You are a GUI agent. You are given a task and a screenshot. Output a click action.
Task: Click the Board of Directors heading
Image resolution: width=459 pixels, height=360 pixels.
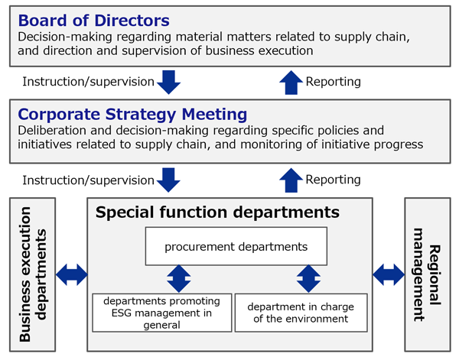click(x=93, y=21)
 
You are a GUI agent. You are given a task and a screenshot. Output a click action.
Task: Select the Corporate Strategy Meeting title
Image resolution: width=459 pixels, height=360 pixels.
click(x=132, y=115)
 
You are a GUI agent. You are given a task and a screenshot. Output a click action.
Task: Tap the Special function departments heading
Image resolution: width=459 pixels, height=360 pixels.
click(x=217, y=212)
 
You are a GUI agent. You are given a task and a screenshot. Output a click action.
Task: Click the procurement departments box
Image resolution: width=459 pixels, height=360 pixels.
click(x=236, y=246)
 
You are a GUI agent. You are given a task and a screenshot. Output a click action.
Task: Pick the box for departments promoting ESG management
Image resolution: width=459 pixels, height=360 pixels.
click(x=162, y=313)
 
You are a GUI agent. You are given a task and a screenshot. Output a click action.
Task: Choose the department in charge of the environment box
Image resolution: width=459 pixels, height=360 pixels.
click(x=301, y=313)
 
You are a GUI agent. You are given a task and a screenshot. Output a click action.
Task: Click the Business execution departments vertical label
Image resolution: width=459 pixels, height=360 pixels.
click(x=32, y=274)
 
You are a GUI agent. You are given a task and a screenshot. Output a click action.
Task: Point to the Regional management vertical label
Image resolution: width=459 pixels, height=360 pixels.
click(x=427, y=274)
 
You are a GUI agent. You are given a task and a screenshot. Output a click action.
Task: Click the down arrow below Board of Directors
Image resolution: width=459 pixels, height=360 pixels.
click(x=168, y=83)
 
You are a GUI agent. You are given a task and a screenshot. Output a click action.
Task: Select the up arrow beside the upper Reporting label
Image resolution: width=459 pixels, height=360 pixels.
click(x=291, y=83)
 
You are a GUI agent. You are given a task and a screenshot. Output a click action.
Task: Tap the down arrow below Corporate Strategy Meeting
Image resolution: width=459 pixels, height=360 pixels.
click(x=168, y=180)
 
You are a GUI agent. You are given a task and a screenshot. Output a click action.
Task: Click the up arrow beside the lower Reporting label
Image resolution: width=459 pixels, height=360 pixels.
click(x=291, y=180)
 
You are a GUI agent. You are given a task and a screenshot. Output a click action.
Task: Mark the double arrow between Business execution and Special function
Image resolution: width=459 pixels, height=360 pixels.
click(x=72, y=274)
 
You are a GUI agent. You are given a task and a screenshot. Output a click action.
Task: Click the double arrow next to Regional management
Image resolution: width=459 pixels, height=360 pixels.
click(x=389, y=274)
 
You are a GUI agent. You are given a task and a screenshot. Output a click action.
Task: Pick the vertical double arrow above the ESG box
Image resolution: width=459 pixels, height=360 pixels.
click(x=179, y=279)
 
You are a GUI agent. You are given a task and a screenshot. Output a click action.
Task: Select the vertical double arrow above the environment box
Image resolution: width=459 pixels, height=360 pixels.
click(x=308, y=279)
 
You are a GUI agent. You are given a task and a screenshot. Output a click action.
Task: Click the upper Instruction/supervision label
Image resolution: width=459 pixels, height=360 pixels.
click(x=89, y=82)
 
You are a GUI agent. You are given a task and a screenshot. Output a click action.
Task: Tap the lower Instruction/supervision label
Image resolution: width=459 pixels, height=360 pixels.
click(x=89, y=180)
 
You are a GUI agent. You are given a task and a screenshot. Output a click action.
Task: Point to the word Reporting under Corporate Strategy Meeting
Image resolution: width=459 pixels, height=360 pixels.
click(x=333, y=180)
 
